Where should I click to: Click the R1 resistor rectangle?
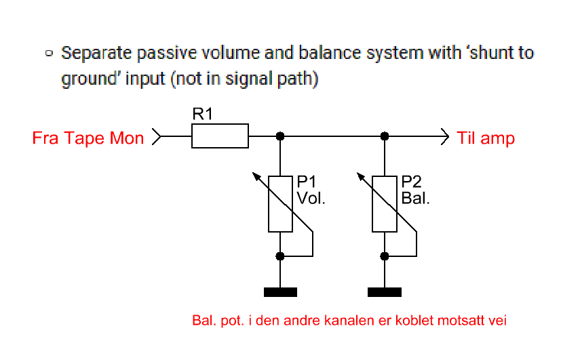(220, 136)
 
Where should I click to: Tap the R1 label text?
(203, 115)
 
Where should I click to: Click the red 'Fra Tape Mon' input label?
(88, 138)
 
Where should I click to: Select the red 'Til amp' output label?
(486, 138)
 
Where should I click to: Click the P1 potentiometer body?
(280, 203)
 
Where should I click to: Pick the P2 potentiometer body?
(385, 203)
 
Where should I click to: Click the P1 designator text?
(307, 182)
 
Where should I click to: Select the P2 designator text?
(411, 182)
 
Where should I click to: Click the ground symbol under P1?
(280, 292)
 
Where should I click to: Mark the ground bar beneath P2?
(385, 292)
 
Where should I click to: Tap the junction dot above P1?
(280, 136)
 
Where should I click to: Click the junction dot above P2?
(385, 136)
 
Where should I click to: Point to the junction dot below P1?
(280, 256)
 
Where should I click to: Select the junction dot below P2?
(385, 256)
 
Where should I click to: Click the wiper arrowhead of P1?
(256, 175)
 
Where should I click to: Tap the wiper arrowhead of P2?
(361, 175)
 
